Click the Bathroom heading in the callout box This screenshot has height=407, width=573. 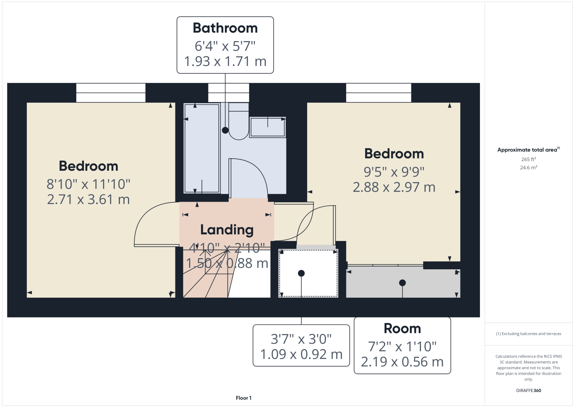pos(225,28)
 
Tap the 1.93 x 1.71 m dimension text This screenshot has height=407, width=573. pos(225,61)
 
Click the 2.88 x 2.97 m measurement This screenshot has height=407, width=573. pos(394,187)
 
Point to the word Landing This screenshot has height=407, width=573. pos(227,230)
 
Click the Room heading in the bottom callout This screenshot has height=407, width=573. pos(402,329)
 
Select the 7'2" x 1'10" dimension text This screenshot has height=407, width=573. pos(402,347)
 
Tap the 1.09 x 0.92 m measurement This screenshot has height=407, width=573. pos(301,354)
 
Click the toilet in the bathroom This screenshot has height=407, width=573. pos(238,123)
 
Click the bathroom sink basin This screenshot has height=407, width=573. pos(267,127)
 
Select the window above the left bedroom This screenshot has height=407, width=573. pos(111,93)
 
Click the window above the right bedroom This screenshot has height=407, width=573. pos(378,93)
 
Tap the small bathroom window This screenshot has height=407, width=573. pos(229,93)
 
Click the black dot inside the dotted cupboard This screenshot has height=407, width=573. pos(301,274)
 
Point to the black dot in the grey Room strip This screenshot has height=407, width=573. pos(402,283)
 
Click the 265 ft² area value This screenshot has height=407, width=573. pos(528,159)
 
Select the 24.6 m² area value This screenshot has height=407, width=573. pos(528,168)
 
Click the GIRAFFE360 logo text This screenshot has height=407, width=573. pos(528,391)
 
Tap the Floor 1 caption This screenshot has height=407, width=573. pos(244,398)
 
